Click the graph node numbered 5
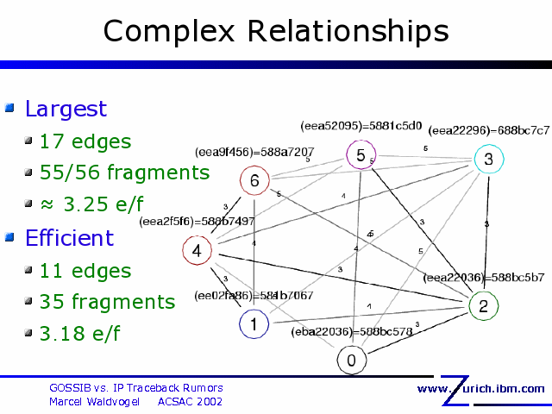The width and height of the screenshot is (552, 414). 361,155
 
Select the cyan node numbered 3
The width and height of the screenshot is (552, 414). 488,159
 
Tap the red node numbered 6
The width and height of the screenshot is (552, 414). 254,180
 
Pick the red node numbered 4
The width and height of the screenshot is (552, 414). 197,251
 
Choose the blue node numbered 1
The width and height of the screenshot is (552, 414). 253,324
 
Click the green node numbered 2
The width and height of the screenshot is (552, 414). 483,305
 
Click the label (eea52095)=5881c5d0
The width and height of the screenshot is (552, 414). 361,126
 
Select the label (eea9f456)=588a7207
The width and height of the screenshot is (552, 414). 254,152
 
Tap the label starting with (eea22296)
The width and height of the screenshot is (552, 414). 488,130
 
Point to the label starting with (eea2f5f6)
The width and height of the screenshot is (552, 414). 197,222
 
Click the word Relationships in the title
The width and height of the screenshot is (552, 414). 348,31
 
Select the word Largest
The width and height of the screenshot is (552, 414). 66,109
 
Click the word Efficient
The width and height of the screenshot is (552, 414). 69,238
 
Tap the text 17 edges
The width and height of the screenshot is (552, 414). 85,141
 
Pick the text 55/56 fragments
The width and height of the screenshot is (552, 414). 124,172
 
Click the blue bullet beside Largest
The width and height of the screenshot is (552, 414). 10,109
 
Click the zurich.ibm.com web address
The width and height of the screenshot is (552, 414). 481,389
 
